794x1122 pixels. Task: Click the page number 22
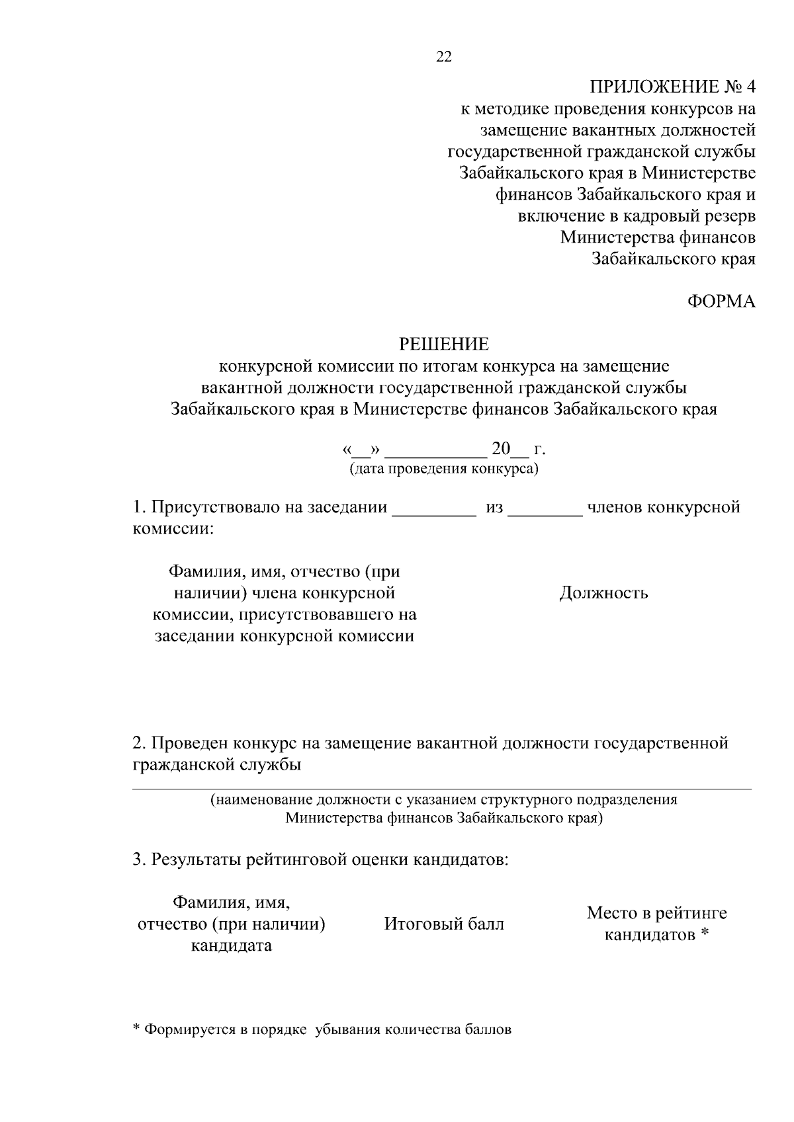pos(443,57)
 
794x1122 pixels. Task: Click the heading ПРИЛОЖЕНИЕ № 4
pos(672,87)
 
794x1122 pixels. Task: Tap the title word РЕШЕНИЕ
pos(444,344)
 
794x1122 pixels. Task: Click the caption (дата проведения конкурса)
pos(444,469)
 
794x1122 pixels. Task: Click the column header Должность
pos(603,592)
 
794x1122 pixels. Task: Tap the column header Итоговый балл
pos(444,924)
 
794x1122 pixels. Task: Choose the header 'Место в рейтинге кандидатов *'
pos(656,924)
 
